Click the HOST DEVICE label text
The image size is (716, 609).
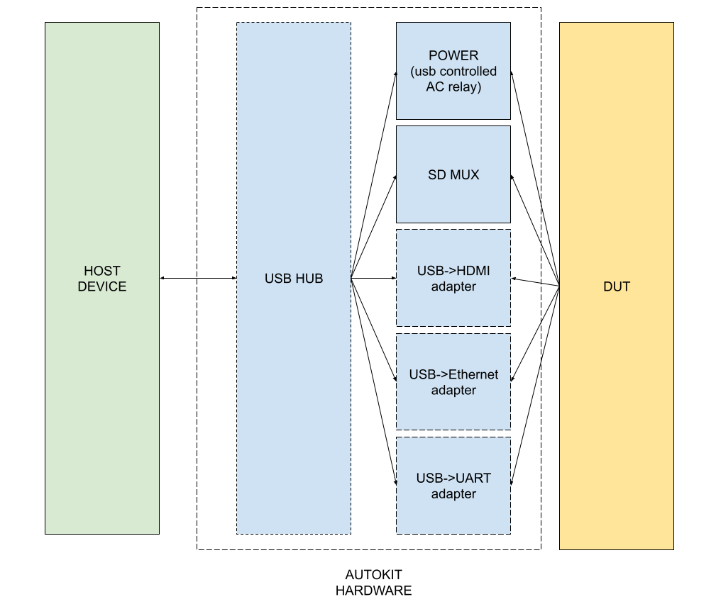[102, 279]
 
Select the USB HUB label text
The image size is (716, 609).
[294, 279]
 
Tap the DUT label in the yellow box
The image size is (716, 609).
[616, 286]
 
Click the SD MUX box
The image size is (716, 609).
[453, 174]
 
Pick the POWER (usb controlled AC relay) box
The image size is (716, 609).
[453, 71]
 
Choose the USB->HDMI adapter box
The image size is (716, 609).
[453, 278]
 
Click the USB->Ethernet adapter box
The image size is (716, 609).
[453, 382]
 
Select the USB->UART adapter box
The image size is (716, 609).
[453, 486]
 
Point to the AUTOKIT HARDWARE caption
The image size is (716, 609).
[373, 582]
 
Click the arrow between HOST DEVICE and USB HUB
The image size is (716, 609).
[198, 279]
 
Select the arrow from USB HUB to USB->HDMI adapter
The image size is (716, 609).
[374, 279]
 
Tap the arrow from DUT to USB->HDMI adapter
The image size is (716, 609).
[535, 282]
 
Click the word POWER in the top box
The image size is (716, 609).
[453, 55]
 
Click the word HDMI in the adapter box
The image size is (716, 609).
[473, 270]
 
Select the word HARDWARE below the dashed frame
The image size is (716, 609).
[373, 590]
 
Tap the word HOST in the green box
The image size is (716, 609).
[102, 271]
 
